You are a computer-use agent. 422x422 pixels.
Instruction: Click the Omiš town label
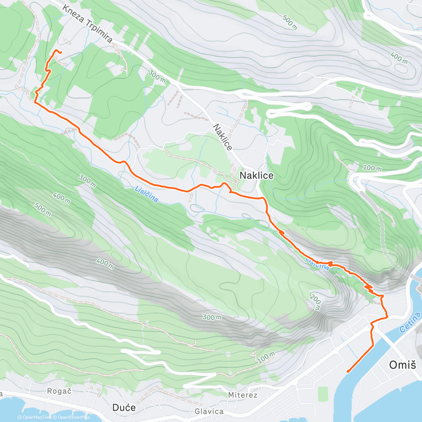point(402,365)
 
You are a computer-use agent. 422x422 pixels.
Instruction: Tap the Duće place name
point(124,408)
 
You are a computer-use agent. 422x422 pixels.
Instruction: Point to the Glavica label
point(209,411)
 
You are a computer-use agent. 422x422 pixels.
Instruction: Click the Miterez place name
point(243,395)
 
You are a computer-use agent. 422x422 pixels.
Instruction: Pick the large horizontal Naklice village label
point(256,175)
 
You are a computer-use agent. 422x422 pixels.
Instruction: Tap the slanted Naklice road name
point(223,137)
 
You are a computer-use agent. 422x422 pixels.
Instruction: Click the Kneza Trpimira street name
point(88,24)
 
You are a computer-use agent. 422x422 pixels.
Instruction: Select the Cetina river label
point(410,323)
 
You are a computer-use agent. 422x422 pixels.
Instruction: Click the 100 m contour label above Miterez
point(266,357)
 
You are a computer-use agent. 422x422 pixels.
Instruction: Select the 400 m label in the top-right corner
point(398,57)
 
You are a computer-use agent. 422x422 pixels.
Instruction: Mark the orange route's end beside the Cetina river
point(347,371)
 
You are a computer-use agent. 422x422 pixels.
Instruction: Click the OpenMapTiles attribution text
point(34,417)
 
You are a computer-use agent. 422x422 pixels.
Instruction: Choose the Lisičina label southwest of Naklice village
point(146,194)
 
